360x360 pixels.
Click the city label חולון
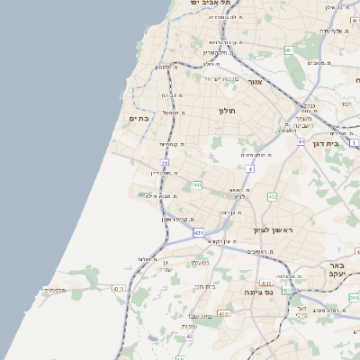point(226,111)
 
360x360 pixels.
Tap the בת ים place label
point(139,118)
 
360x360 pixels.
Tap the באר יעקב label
point(337,270)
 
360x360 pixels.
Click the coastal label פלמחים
point(55,290)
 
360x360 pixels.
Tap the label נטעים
point(201,262)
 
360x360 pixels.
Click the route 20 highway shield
point(165,163)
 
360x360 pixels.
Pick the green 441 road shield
point(197,184)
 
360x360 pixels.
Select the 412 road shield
point(273,196)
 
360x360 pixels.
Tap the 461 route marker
point(289,50)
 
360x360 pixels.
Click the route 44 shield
point(301,141)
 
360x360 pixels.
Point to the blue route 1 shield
point(354,143)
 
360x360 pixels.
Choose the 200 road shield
point(353,297)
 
